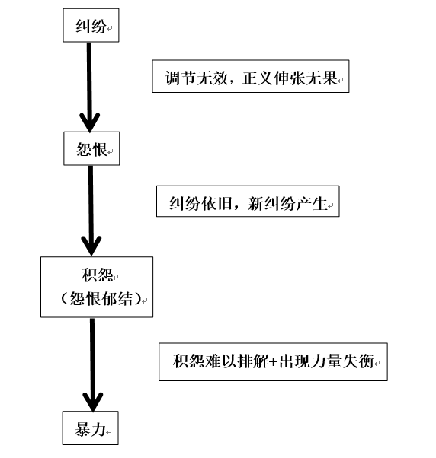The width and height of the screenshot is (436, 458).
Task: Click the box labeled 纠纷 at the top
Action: click(91, 25)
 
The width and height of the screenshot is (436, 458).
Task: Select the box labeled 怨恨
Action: click(91, 148)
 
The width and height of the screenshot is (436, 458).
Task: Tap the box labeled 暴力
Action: click(91, 428)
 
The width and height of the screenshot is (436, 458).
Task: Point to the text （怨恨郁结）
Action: click(101, 298)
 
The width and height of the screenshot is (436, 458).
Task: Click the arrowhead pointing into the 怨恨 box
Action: click(90, 122)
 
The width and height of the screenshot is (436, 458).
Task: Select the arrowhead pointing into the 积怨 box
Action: click(91, 246)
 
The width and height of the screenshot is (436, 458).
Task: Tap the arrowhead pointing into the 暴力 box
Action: click(93, 402)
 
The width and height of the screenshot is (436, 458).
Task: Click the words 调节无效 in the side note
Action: click(197, 78)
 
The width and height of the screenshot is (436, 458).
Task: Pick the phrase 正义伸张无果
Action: click(290, 78)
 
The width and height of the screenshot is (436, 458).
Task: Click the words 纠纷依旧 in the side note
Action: click(200, 203)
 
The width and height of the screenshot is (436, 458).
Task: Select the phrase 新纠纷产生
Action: click(287, 203)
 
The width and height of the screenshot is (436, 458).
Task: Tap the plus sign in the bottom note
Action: click(274, 361)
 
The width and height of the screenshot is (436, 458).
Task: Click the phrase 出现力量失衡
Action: click(326, 361)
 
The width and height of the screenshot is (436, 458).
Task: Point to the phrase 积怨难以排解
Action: click(220, 361)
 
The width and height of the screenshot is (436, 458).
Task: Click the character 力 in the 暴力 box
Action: click(98, 429)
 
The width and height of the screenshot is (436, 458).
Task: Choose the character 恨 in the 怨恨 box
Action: click(100, 149)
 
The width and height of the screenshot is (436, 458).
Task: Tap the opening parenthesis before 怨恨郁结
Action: click(64, 298)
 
